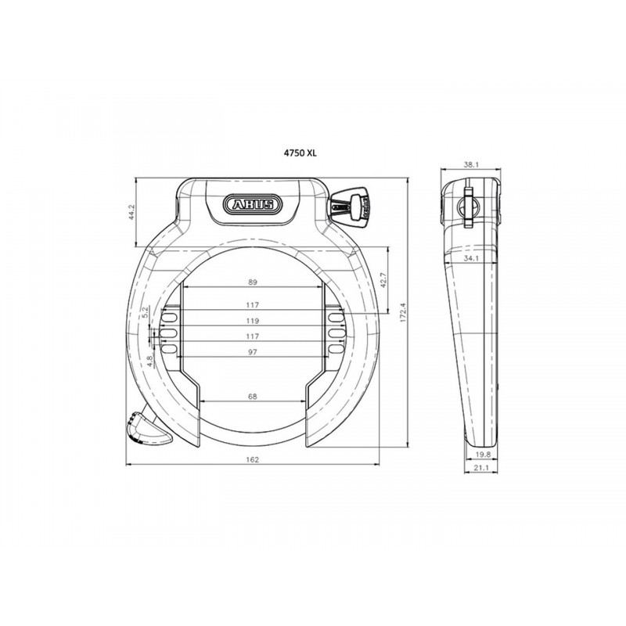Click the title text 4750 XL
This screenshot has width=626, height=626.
[300, 153]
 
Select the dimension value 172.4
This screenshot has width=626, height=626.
[403, 312]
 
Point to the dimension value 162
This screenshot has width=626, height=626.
[252, 459]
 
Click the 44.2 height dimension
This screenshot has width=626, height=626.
[132, 213]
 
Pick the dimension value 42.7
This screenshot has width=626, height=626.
[383, 281]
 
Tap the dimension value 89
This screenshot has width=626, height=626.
[252, 282]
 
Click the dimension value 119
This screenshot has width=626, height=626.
[252, 321]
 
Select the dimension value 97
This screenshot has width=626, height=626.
[252, 352]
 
